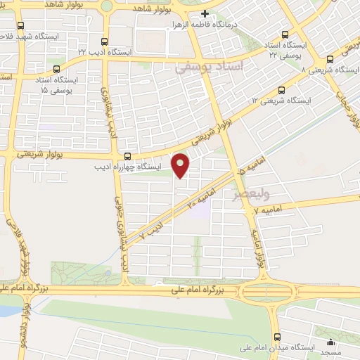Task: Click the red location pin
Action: [181, 165]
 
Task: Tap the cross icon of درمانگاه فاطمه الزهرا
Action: [205, 13]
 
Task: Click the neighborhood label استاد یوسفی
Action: [209, 67]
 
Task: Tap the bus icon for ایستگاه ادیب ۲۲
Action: [104, 41]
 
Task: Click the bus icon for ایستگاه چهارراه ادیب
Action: [127, 156]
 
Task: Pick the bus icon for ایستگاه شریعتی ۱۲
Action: [282, 90]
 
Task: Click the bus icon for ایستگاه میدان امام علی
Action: [277, 337]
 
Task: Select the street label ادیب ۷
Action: [152, 231]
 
